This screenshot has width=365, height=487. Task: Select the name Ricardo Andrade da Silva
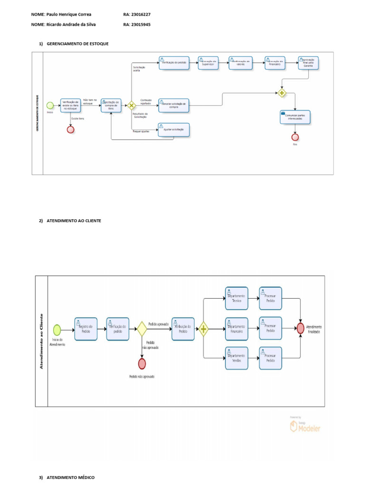pos(71,24)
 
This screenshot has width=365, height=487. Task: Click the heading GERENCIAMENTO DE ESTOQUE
pos(77,44)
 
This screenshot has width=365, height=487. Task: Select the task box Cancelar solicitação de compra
pos(173,105)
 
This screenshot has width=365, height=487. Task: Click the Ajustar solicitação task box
pos(173,130)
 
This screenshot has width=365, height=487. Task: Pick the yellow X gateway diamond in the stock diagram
pos(132,105)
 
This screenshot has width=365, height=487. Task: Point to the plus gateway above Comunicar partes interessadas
pos(282,93)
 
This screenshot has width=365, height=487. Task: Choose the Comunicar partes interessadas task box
pos(295,117)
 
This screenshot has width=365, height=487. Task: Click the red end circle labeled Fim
pos(295,137)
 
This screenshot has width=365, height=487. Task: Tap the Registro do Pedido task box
pos(86,329)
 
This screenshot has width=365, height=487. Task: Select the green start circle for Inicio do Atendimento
pos(57,329)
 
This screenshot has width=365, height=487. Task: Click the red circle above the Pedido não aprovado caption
pos(142,364)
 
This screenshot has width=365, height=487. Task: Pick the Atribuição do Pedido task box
pos(183,329)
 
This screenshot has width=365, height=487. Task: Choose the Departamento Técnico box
pos(236,299)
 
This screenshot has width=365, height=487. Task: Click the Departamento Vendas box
pos(236,358)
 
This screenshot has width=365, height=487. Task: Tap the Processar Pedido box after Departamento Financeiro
pos(270,329)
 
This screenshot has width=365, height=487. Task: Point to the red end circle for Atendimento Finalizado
pos(300,329)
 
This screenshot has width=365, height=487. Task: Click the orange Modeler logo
pos(305,427)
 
